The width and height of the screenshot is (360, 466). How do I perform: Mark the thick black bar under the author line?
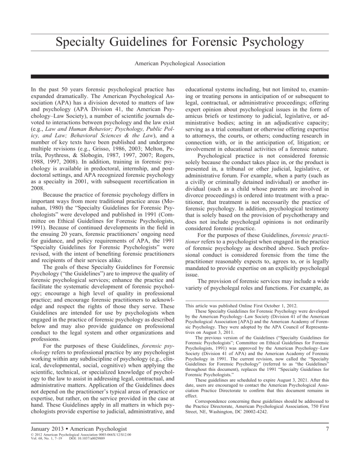pyautogui.click(x=180, y=76)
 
